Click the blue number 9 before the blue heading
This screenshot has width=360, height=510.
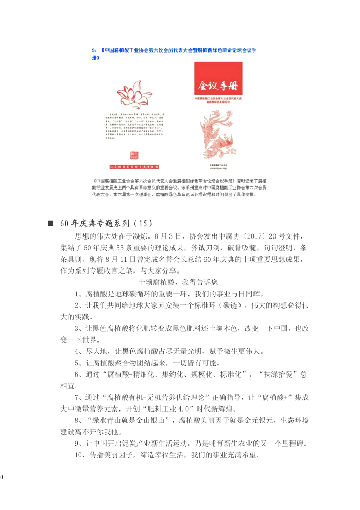[x=93, y=50]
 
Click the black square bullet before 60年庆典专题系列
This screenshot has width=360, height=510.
[x=50, y=224]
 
